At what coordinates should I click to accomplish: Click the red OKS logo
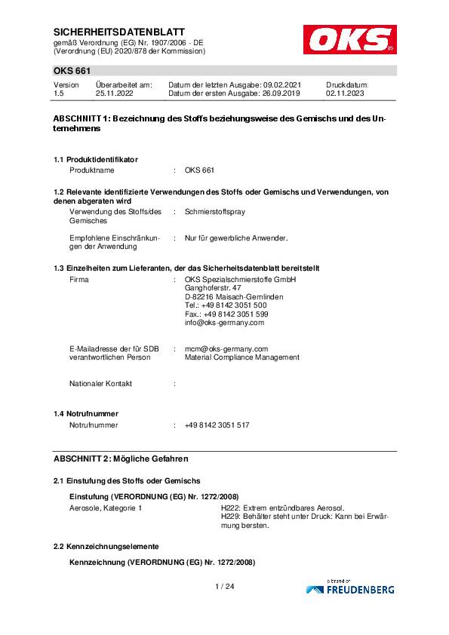coord(349,39)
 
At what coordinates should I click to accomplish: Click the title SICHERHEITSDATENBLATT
coord(109,32)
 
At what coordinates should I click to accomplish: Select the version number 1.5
coord(59,94)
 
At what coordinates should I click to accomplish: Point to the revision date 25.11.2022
coord(114,94)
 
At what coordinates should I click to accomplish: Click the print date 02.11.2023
coord(345,94)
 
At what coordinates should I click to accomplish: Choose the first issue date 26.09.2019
coord(280,94)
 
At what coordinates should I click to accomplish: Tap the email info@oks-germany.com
coord(224,322)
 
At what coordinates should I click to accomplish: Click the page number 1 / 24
coord(224,586)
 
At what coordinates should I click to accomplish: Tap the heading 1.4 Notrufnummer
coord(86,414)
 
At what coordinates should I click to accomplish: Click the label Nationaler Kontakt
coord(100,383)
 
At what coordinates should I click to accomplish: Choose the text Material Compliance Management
coord(241,357)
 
